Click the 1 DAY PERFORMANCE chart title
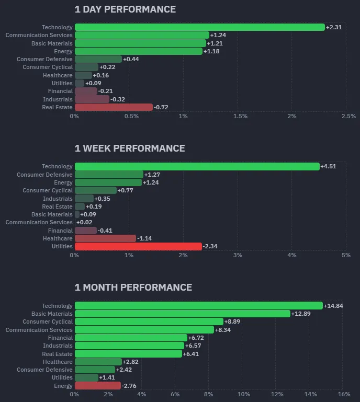coord(125,9)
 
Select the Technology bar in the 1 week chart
coord(197,167)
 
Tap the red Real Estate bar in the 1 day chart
coord(114,107)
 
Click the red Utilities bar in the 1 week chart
coord(138,246)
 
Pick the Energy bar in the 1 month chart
coord(97,386)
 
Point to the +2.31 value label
coord(334,27)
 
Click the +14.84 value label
coord(333,306)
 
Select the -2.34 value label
coord(211,246)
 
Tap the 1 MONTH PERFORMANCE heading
coord(133,288)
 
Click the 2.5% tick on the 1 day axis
coord(348,116)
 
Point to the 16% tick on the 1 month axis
coord(344,394)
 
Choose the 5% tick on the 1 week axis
coord(346,255)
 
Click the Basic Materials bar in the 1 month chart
coord(182,314)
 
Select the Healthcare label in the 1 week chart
coord(58,238)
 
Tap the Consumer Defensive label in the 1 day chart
coord(44,59)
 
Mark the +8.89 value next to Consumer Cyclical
coord(233,321)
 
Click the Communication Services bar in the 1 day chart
coord(141,35)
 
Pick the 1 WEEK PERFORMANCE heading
coord(130,148)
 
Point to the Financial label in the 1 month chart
coord(60,338)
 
